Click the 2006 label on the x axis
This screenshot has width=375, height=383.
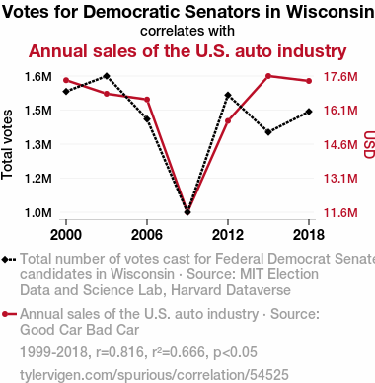pos(147,235)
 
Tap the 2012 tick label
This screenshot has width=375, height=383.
pos(228,235)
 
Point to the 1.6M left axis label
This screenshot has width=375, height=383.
pos(38,77)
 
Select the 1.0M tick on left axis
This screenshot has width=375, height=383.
pos(38,212)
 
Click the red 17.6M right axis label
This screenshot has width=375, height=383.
pos(340,77)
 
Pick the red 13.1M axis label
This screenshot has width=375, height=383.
pos(340,178)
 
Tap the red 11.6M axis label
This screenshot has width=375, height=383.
pos(340,212)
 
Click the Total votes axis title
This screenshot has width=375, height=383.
pos(7,144)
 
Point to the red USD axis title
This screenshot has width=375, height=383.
pos(369,144)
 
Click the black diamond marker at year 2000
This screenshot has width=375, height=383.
pos(66,92)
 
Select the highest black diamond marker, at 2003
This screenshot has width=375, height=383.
pos(107,76)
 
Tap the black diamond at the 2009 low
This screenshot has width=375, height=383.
pos(187,212)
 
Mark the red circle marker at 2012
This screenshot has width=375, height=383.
pos(228,121)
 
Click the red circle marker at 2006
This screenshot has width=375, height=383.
pos(147,100)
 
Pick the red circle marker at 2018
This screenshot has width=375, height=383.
pos(309,81)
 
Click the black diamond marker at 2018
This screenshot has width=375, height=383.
pos(309,112)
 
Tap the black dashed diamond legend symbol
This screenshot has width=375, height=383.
pos(9,259)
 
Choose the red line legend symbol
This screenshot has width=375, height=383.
pos(9,314)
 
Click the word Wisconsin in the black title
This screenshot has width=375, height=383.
pos(331,12)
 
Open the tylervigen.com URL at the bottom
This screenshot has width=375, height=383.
pos(154,375)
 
